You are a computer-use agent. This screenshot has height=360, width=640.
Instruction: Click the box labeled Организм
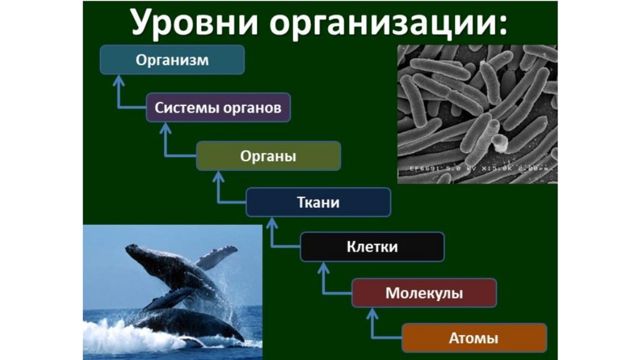[x=172, y=61]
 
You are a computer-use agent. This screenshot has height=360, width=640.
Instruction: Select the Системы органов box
[x=218, y=108]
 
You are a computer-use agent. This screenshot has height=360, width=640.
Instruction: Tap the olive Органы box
[x=268, y=156]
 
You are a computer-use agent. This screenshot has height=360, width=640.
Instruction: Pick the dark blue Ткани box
[x=317, y=202]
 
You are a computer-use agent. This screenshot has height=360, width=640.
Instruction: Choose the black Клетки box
[x=372, y=247]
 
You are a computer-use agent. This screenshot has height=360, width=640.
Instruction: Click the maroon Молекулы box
[x=424, y=292]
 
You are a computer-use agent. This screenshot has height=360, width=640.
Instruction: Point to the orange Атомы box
[x=474, y=339]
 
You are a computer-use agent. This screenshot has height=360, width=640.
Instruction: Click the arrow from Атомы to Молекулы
[x=374, y=325]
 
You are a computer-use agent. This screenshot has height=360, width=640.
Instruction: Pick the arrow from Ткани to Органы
[x=219, y=188]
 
